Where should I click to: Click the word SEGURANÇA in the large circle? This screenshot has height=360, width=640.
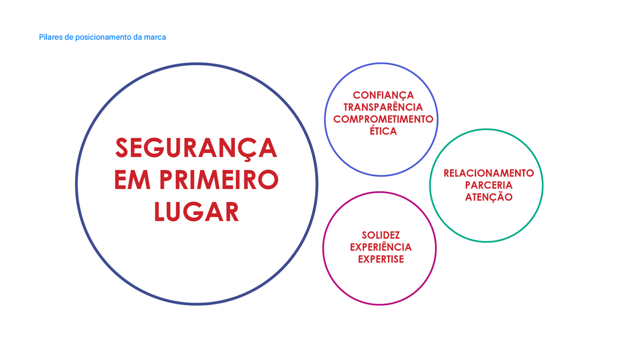tap(196, 148)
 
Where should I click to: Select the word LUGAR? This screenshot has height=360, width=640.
tap(196, 212)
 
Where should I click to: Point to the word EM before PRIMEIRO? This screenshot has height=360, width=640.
tap(132, 180)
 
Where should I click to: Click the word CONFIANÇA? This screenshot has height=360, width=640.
tap(383, 95)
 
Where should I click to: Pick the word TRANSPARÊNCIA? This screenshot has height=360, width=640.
tap(383, 107)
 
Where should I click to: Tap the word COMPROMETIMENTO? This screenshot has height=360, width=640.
tap(383, 119)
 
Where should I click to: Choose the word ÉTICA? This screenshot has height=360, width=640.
tap(383, 131)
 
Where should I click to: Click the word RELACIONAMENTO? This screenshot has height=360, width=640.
tap(488, 173)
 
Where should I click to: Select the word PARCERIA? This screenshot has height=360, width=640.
tap(488, 185)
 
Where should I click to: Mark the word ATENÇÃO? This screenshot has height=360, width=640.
tap(488, 197)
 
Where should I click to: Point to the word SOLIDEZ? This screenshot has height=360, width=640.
tap(381, 235)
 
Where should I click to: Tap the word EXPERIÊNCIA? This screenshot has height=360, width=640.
tap(381, 247)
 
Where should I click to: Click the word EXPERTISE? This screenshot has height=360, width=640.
tap(381, 259)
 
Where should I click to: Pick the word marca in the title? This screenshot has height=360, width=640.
tap(155, 37)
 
